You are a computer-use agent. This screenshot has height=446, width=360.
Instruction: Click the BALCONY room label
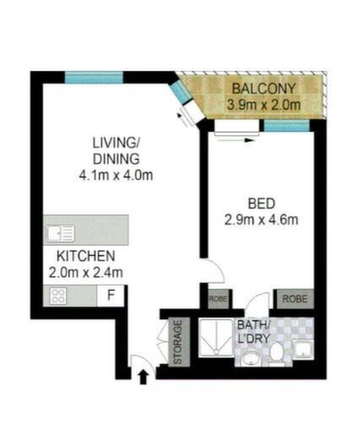coord(264,89)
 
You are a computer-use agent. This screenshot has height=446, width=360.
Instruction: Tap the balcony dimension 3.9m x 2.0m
coord(264,105)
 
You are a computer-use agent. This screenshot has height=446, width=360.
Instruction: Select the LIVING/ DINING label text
coord(116,150)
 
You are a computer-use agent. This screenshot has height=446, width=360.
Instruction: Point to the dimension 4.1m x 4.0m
coord(116,175)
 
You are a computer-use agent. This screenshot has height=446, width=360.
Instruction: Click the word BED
coord(261,204)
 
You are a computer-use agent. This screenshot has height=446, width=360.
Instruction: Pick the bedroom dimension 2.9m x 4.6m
coord(261,220)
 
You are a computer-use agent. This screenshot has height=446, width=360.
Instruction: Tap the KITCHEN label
coord(85,256)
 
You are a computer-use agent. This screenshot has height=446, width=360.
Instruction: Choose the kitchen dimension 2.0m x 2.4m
coord(85,273)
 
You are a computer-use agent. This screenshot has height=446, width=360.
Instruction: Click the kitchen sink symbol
coord(61,233)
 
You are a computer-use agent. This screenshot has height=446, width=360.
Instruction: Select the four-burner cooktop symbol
coord(58,296)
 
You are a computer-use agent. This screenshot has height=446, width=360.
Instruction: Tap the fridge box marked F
coord(111,296)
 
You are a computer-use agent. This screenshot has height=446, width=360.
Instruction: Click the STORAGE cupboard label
coord(177,342)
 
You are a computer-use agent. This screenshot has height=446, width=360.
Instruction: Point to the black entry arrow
coord(144,378)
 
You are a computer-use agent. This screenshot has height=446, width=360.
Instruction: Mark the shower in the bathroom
coord(216,338)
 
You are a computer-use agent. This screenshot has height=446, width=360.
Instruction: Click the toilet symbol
coord(276,352)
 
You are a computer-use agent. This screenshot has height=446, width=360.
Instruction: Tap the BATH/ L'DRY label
coord(254,332)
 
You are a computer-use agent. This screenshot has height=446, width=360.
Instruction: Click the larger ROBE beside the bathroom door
coord(295,299)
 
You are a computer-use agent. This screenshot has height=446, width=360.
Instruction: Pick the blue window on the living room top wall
coord(94,78)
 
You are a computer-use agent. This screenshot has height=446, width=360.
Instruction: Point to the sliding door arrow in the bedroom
coord(234,140)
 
